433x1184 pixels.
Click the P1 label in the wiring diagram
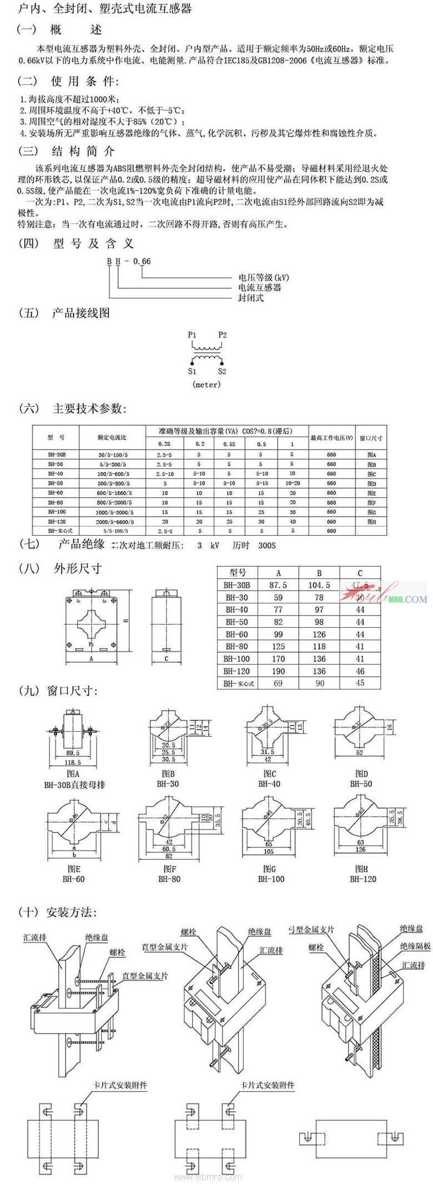pyautogui.click(x=192, y=335)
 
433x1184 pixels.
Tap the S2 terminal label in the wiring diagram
pyautogui.click(x=222, y=371)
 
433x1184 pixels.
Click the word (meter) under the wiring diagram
pyautogui.click(x=207, y=384)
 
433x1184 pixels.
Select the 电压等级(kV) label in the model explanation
pyautogui.click(x=264, y=277)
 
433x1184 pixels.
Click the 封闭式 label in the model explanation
pyautogui.click(x=251, y=298)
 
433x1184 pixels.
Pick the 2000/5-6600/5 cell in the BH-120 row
pyautogui.click(x=112, y=522)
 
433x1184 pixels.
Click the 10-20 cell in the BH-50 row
pyautogui.click(x=292, y=483)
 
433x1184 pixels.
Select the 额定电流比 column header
pyautogui.click(x=112, y=438)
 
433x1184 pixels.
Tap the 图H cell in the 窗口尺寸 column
pyautogui.click(x=371, y=522)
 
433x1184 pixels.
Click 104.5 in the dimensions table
pyautogui.click(x=319, y=585)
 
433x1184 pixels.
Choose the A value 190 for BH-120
pyautogui.click(x=278, y=671)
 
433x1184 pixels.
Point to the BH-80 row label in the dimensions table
pyautogui.click(x=236, y=646)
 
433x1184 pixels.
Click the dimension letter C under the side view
pyautogui.click(x=167, y=659)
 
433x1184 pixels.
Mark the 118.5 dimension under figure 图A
pyautogui.click(x=73, y=763)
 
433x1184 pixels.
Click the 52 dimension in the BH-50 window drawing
pyautogui.click(x=360, y=753)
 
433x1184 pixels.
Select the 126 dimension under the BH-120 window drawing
pyautogui.click(x=360, y=849)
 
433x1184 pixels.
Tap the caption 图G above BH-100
pyautogui.click(x=270, y=869)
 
